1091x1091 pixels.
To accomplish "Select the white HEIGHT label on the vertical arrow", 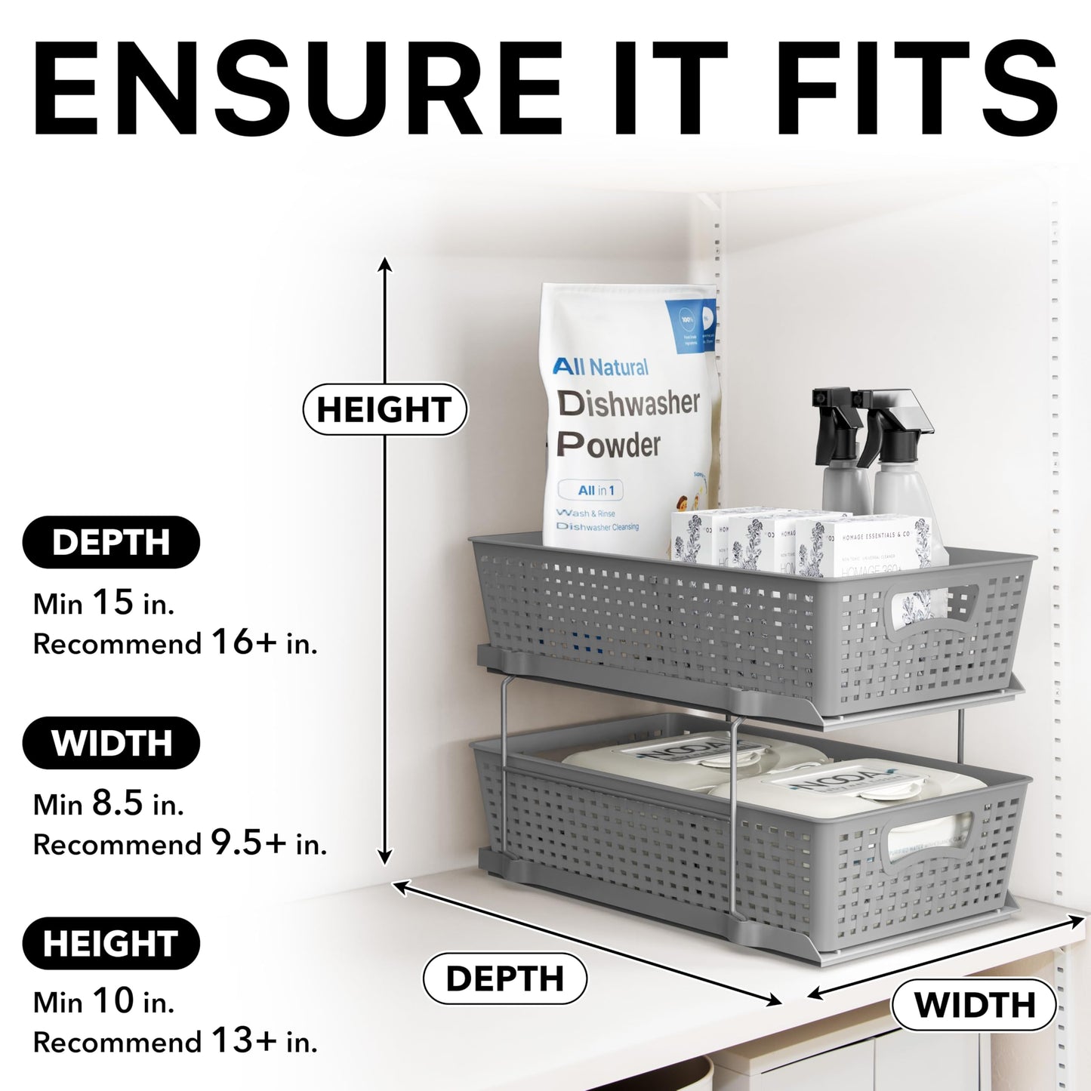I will (384, 409).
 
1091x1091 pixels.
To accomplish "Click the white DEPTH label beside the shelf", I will (504, 979).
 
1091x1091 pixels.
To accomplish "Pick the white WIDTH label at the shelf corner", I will (974, 1005).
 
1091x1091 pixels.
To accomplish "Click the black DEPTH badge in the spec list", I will (111, 542).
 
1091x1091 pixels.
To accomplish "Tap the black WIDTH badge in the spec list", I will (111, 743).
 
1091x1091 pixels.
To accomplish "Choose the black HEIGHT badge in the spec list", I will (111, 944).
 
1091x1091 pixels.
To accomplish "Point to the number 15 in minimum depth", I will (112, 603).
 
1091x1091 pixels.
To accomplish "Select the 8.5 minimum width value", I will (118, 803).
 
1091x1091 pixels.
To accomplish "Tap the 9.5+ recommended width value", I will (248, 843).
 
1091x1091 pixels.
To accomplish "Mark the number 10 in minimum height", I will (113, 1002).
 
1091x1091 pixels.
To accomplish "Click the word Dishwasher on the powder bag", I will (628, 404).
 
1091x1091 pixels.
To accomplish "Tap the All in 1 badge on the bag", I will (596, 490).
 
